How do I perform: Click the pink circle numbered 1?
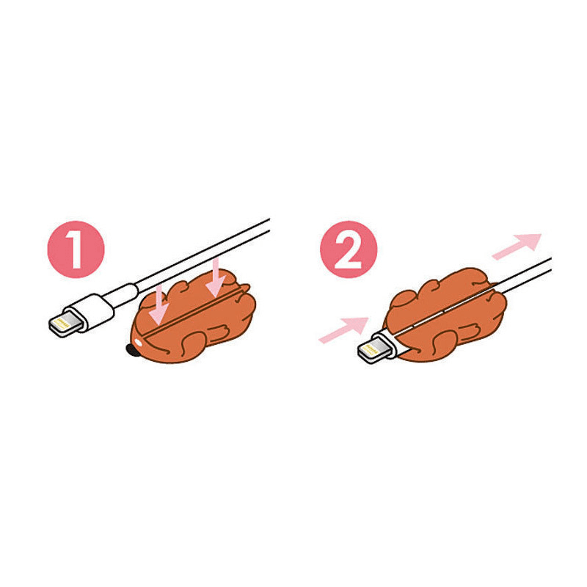(x=77, y=249)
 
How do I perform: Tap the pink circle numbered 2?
(x=349, y=249)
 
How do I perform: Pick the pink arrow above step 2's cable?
(x=518, y=245)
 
